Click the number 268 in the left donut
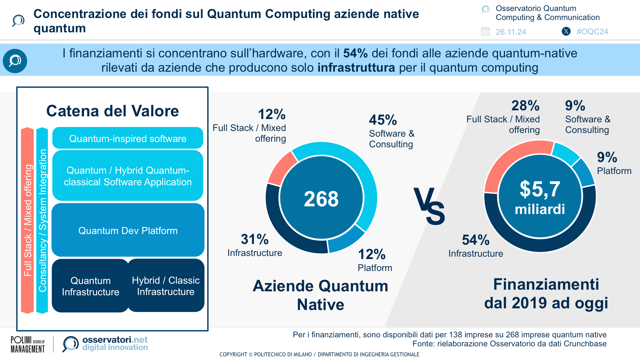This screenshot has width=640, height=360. pos(321,199)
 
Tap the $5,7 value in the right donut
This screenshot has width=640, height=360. pos(540,189)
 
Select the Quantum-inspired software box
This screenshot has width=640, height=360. pos(128,138)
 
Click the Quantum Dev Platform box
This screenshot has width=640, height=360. pos(128,230)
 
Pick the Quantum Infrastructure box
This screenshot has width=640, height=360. pos(90,286)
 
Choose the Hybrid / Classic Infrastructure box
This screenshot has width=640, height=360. pos(166,286)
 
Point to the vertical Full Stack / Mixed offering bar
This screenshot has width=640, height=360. pos(28,220)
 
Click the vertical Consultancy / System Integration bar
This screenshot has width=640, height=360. pos(42,220)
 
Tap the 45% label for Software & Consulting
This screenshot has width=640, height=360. pos(383,120)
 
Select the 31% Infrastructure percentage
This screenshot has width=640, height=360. pos(255,239)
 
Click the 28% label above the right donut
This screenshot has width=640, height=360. pos(525,106)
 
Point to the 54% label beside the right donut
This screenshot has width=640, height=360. pos(476,240)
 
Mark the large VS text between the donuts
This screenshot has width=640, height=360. pos(429,206)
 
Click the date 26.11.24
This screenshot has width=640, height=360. pos(511,32)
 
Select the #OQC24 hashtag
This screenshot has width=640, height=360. pos(592,32)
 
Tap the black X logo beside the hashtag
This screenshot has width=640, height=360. pos(566,31)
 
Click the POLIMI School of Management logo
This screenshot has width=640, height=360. pos(28,344)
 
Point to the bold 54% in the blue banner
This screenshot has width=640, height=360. pos(355,53)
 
